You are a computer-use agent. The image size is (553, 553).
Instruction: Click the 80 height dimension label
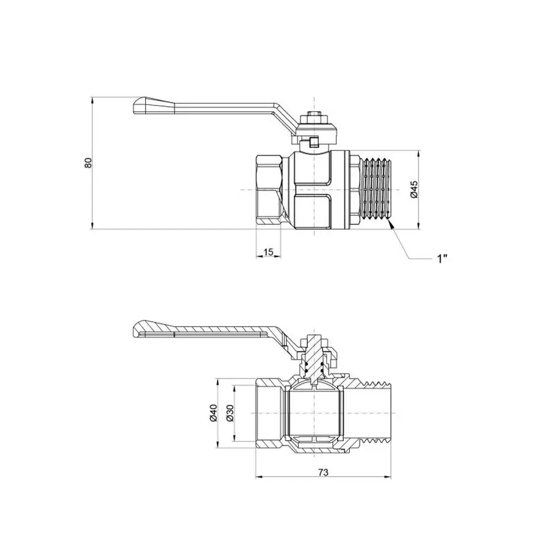(88, 163)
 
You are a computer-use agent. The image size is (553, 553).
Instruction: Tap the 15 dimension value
(269, 253)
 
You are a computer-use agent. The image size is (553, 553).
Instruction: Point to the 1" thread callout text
(442, 259)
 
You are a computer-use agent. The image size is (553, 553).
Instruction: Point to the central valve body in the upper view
(314, 190)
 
